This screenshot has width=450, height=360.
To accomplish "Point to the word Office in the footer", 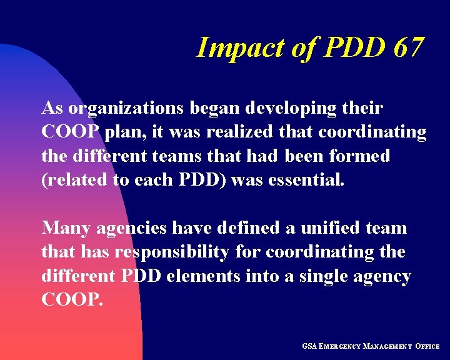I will click(428, 346).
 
